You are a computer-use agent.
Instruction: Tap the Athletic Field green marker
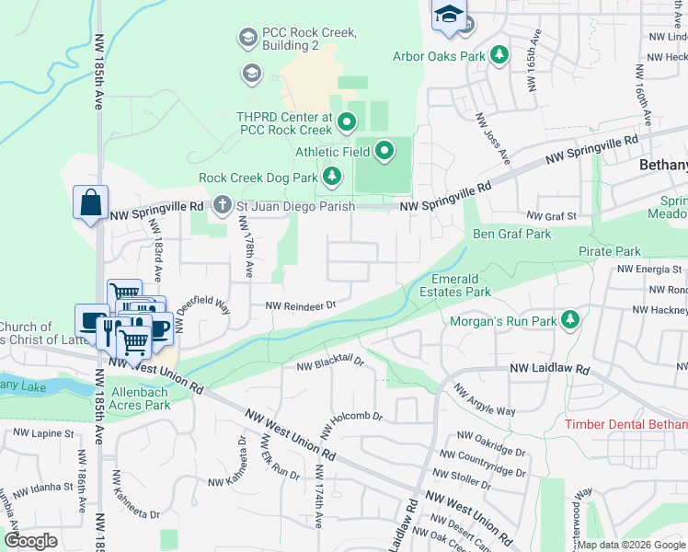384,151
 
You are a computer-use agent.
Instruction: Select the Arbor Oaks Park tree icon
499,56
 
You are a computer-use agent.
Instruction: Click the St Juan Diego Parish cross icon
222,206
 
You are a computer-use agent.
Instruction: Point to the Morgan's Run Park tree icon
571,320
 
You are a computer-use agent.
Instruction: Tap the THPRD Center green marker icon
347,121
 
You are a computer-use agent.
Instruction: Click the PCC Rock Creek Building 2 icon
247,38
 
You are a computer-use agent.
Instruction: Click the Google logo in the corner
30,540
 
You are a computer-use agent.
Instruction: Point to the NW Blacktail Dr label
331,365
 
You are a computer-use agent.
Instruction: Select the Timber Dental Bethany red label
625,424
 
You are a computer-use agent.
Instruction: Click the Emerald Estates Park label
462,285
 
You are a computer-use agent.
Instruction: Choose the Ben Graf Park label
511,235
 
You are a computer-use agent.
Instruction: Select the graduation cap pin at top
449,16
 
